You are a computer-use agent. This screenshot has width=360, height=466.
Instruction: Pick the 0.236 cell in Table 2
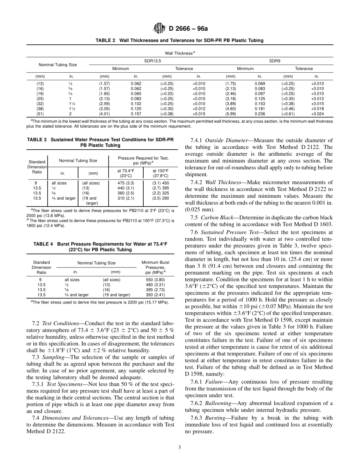[260, 114]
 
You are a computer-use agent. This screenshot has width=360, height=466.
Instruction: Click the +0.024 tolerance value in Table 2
[317, 114]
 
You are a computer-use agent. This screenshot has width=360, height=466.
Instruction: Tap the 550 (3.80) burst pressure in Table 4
[155, 280]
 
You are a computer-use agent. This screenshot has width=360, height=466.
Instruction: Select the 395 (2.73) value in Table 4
[155, 290]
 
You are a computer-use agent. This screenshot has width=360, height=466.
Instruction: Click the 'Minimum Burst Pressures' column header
[155, 267]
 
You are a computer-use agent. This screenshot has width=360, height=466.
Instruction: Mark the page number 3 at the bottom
[180, 447]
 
